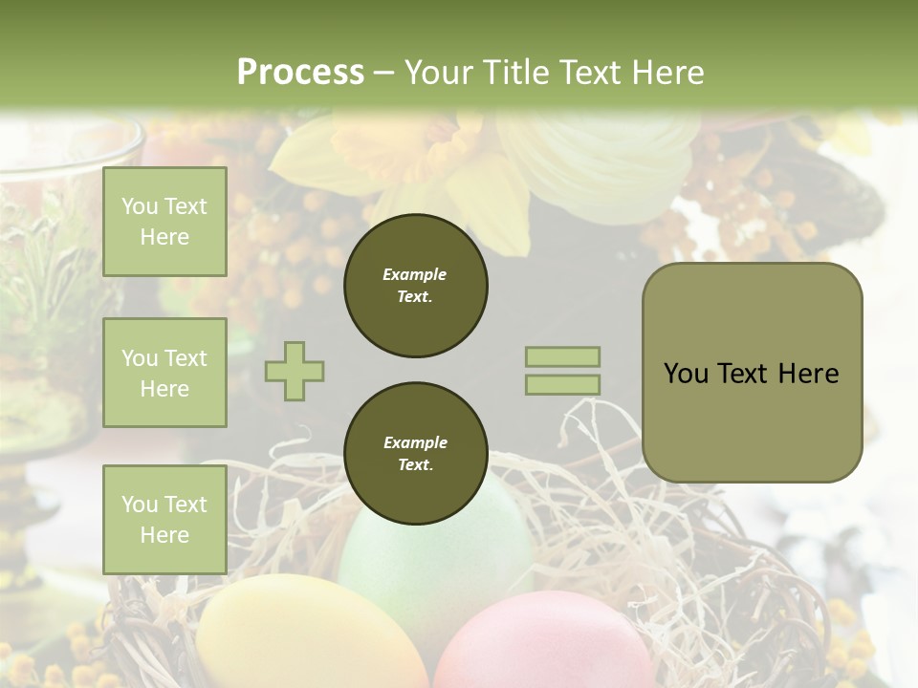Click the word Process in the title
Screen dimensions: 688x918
tap(300, 73)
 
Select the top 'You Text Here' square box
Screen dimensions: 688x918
tap(164, 222)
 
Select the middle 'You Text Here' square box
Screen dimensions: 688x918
tap(164, 373)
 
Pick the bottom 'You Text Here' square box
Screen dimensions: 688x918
tap(164, 519)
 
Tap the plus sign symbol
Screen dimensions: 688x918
tap(295, 371)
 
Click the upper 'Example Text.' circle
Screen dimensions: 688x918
tap(415, 286)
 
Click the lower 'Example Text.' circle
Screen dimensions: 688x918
tap(415, 454)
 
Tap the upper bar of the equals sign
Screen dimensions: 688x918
tap(562, 356)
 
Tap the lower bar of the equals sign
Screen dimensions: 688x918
tap(562, 384)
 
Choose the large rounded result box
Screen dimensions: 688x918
tap(752, 373)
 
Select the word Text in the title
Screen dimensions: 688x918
tap(591, 73)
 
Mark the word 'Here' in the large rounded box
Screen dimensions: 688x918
tap(808, 374)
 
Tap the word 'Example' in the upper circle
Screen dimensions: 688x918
tap(415, 274)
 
